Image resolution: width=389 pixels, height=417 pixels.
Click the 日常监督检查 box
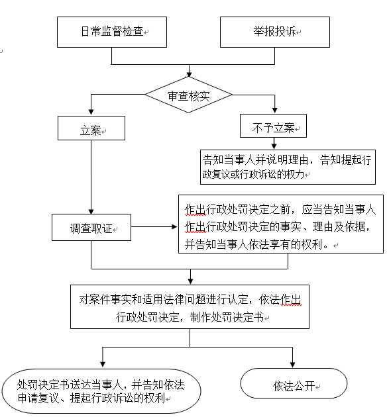click(112, 32)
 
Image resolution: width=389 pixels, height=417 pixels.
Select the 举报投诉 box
click(275, 32)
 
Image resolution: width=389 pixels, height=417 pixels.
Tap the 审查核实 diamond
click(188, 95)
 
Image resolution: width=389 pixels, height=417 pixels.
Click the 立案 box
click(91, 128)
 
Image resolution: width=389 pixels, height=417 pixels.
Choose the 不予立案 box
click(273, 126)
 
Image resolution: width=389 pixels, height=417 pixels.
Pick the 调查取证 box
click(91, 228)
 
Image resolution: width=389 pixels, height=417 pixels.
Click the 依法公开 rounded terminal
click(294, 383)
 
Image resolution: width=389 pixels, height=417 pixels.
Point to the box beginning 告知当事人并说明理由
click(288, 167)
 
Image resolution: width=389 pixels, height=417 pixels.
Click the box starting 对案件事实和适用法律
click(190, 307)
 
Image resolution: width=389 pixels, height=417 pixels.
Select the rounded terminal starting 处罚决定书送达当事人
click(101, 391)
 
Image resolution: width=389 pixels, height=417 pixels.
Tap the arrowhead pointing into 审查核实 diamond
click(189, 74)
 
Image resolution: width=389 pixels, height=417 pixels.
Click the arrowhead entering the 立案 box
click(91, 112)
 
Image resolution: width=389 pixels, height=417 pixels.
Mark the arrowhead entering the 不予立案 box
click(275, 110)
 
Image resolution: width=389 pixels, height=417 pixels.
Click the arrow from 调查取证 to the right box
click(154, 227)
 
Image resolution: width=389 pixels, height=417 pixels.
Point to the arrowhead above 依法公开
click(293, 365)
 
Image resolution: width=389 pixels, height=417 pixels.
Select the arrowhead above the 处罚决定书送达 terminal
click(103, 364)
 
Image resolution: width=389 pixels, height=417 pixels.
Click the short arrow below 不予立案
click(274, 144)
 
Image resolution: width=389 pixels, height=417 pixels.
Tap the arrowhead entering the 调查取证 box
click(91, 211)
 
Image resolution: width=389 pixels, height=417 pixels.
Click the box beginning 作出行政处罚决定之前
click(281, 224)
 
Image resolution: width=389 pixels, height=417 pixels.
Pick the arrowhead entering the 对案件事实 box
click(190, 281)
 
